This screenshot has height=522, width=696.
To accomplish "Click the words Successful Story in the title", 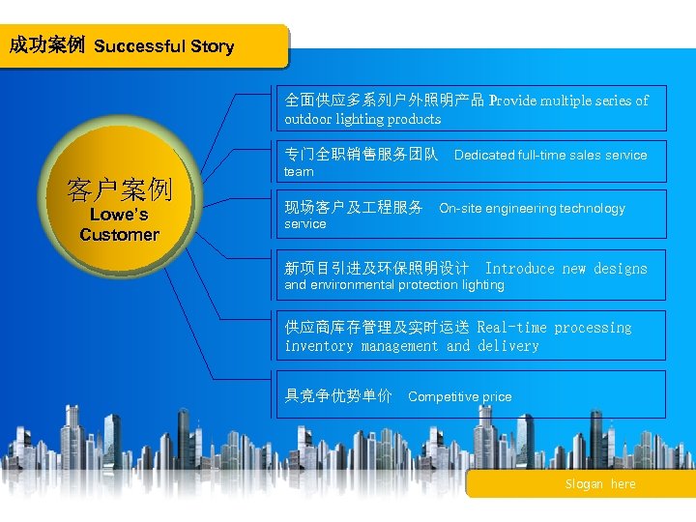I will click(164, 46).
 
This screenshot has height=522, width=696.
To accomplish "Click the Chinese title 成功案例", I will click(46, 45).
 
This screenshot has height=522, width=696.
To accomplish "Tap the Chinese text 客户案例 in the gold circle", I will click(119, 189).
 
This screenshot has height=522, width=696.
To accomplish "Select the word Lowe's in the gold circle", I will click(119, 215).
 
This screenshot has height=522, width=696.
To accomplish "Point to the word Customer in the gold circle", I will click(119, 235).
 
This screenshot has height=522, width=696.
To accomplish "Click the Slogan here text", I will click(600, 484).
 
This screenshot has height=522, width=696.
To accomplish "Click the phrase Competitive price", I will click(460, 396).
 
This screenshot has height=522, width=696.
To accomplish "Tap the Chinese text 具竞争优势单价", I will click(338, 395).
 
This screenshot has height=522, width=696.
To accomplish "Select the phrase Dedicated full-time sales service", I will click(550, 155).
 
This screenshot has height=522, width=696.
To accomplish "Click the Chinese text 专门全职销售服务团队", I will click(362, 155).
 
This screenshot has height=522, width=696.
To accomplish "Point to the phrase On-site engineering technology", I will click(532, 208).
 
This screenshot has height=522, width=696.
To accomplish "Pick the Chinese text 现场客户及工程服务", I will click(354, 208).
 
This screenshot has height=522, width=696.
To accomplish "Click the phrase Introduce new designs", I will click(565, 269).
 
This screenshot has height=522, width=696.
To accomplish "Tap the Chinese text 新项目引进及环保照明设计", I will click(377, 269).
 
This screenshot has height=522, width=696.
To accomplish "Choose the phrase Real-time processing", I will click(554, 328).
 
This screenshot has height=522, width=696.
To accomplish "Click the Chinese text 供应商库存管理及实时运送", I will click(376, 328).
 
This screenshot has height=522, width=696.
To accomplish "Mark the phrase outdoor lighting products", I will click(362, 119).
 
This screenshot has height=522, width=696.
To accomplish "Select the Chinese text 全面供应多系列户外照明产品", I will click(384, 101).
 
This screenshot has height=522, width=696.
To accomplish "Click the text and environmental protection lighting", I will click(394, 285).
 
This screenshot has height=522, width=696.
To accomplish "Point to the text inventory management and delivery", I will click(412, 346).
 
